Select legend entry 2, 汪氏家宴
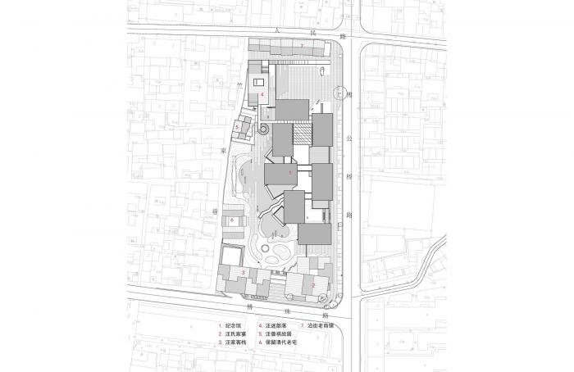[x=232, y=334]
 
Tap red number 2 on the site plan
[x=312, y=284]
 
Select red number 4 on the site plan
[x=261, y=96]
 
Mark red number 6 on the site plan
[x=233, y=220]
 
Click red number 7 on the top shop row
[x=301, y=43]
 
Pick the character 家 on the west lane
[x=222, y=152]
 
